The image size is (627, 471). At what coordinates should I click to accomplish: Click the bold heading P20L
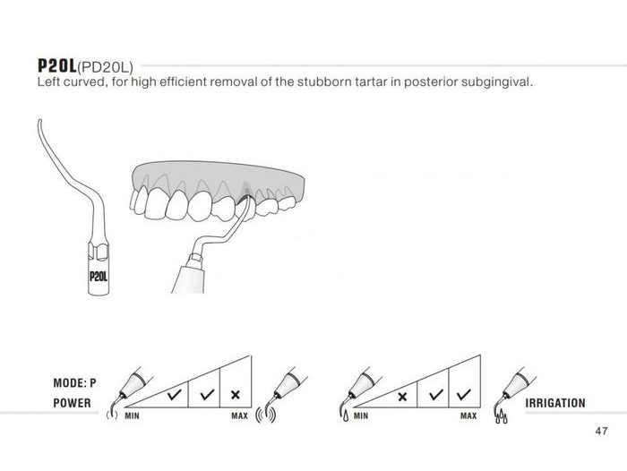click(x=56, y=65)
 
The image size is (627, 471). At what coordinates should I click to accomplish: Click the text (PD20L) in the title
click(x=105, y=67)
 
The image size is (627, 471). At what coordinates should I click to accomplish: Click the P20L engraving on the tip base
click(x=99, y=277)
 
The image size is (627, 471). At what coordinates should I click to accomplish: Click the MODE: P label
click(x=74, y=383)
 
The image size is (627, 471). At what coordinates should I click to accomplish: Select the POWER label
click(x=72, y=403)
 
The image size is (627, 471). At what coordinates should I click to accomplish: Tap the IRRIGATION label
click(x=555, y=403)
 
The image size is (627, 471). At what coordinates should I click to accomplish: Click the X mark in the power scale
click(x=236, y=395)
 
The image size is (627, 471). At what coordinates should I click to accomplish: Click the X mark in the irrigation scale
click(x=402, y=397)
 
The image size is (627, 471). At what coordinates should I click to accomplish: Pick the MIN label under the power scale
click(x=132, y=415)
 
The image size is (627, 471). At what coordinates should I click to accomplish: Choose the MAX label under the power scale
click(x=239, y=415)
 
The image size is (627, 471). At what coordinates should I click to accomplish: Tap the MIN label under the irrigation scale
click(x=361, y=415)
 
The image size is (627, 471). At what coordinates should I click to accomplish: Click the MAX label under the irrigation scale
click(x=468, y=415)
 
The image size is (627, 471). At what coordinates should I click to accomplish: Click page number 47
click(x=601, y=431)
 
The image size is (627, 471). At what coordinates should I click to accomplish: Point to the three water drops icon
click(x=502, y=417)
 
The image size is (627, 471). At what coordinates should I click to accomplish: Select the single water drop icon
click(x=346, y=417)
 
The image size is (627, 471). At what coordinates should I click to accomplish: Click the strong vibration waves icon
click(x=265, y=415)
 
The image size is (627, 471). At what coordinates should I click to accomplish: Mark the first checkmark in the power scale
click(x=175, y=395)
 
